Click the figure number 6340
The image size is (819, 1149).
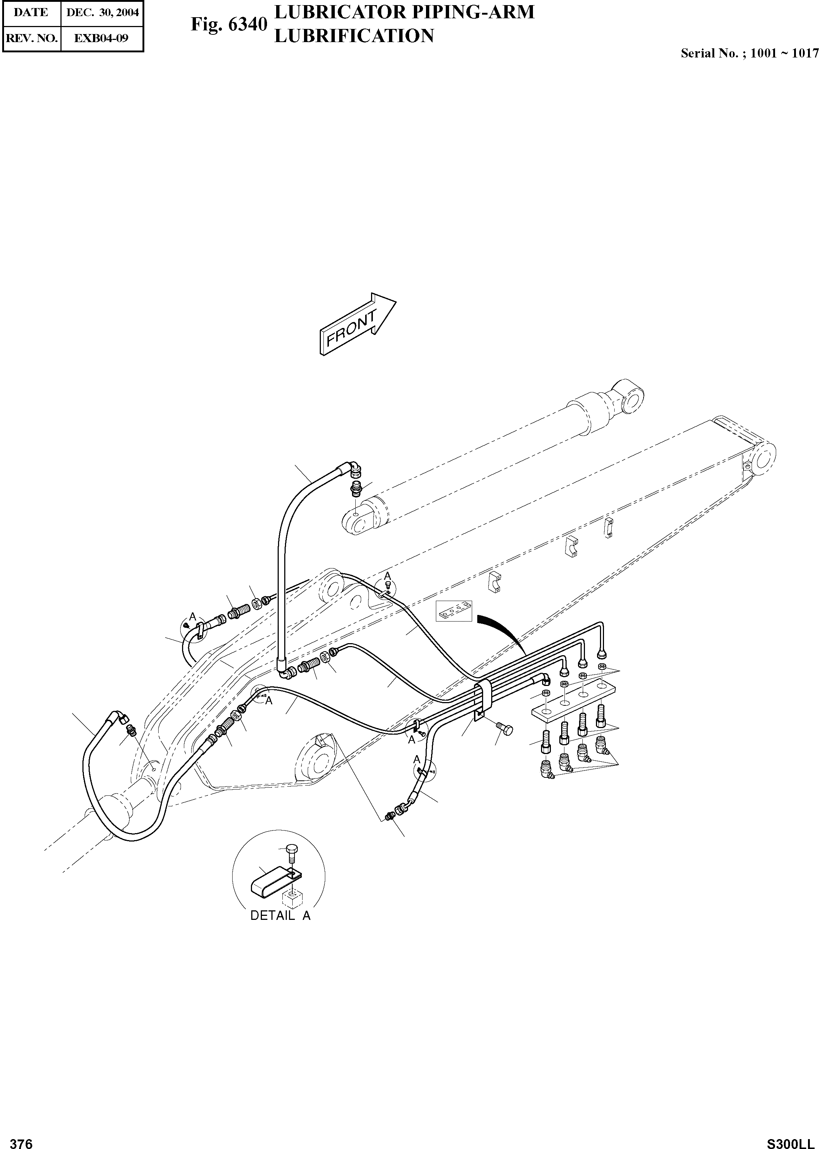click(x=229, y=24)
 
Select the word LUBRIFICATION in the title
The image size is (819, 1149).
click(x=353, y=36)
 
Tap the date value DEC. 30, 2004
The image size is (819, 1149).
click(x=103, y=12)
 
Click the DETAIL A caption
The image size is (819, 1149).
click(x=281, y=916)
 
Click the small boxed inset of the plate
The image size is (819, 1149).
click(x=455, y=611)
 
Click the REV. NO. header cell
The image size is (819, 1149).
click(x=31, y=38)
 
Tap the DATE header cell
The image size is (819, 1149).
click(x=31, y=12)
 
